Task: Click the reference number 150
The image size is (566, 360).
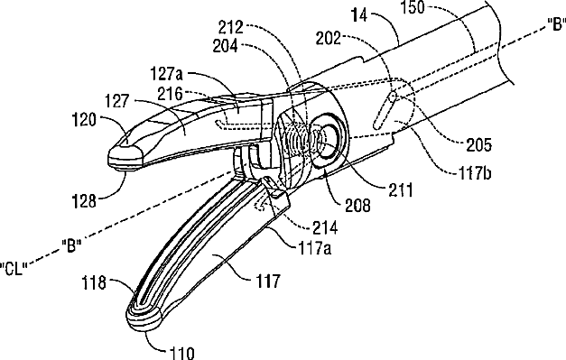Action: (413, 7)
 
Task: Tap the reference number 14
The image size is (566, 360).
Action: (359, 14)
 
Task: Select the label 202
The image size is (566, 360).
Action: (329, 38)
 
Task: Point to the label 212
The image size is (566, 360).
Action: (231, 27)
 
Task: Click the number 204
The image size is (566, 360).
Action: (226, 46)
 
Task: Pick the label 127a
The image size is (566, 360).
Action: (167, 74)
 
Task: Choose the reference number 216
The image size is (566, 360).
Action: (170, 94)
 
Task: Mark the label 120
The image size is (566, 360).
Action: (84, 119)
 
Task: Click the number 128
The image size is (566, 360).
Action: (84, 201)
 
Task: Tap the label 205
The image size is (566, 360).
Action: (479, 145)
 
